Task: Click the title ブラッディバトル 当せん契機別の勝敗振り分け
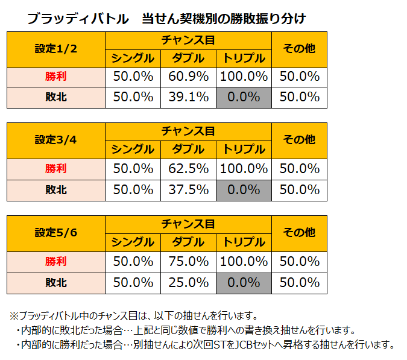(x=166, y=19)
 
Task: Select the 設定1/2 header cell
(x=56, y=49)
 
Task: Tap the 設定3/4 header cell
(x=56, y=140)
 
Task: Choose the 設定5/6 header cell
(x=56, y=232)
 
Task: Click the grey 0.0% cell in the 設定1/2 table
(x=244, y=97)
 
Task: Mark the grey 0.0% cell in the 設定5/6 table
(x=244, y=282)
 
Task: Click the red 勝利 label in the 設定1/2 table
(x=56, y=77)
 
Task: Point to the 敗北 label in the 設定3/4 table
(x=56, y=189)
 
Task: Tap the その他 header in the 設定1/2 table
(x=299, y=49)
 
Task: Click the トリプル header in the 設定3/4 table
(x=244, y=150)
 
